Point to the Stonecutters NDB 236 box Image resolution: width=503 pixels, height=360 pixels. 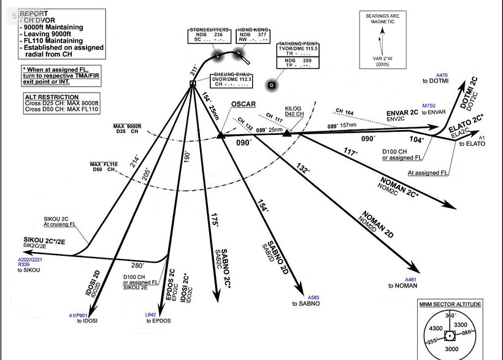[x=209, y=34]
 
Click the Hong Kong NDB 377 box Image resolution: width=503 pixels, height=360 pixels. [x=253, y=34]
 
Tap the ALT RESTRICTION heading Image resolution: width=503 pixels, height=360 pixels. [x=52, y=97]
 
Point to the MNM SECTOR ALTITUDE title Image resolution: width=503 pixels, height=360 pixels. [x=450, y=304]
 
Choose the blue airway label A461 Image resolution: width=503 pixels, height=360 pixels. [x=410, y=280]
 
